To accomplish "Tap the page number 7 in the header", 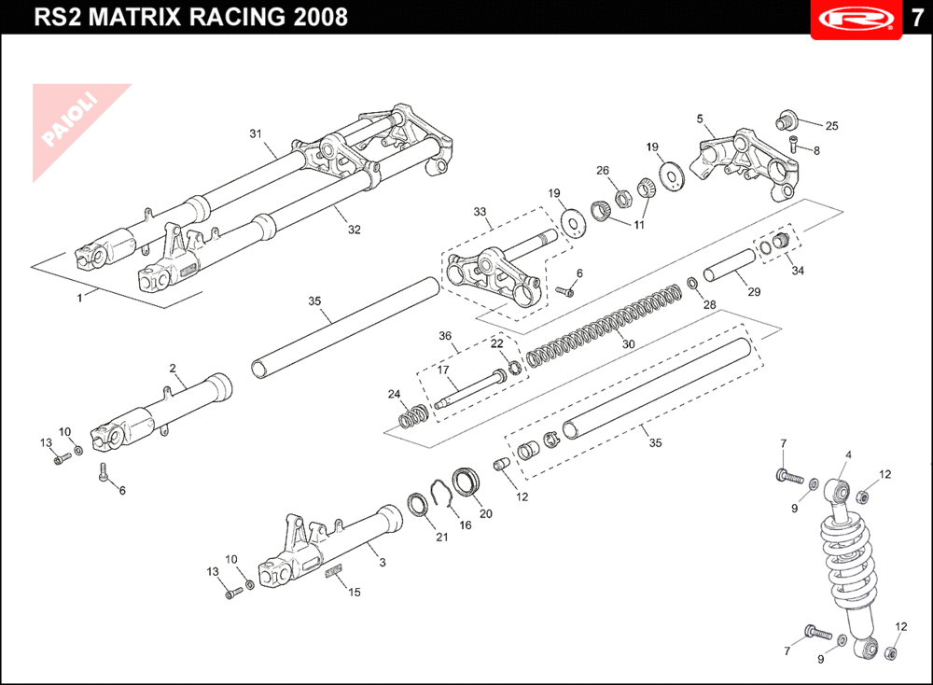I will (x=916, y=19).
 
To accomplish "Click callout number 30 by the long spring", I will (x=629, y=344).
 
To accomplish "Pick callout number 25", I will (x=831, y=126).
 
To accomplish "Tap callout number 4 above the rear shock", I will (x=848, y=455).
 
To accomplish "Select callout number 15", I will (x=354, y=592).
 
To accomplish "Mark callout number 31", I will (x=254, y=133).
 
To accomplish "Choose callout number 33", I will (x=480, y=212).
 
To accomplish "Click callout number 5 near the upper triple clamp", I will (x=699, y=119).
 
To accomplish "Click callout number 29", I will (x=754, y=292).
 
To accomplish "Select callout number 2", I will (x=173, y=368).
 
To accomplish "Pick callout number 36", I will (x=445, y=336).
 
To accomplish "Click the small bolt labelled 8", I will (x=794, y=144).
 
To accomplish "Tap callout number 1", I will (x=80, y=298).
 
